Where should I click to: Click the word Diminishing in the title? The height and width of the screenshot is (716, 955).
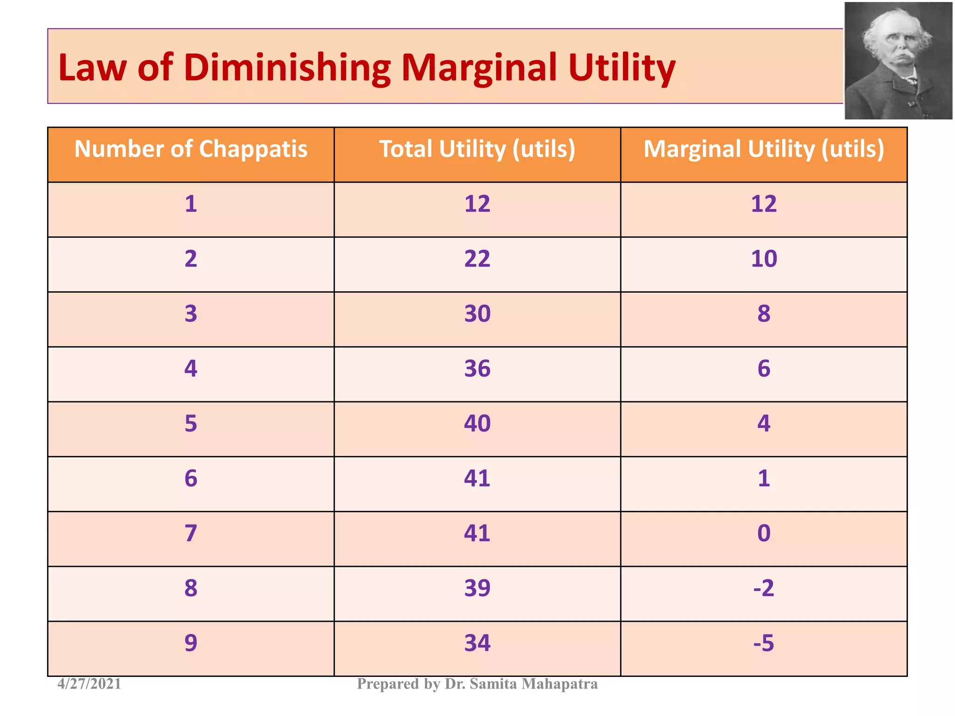click(287, 68)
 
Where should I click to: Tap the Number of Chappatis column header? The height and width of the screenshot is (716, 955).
click(191, 149)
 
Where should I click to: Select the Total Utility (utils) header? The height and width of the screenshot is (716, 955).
click(477, 149)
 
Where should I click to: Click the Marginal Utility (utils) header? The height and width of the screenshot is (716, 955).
click(763, 149)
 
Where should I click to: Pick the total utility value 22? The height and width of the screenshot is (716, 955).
click(477, 259)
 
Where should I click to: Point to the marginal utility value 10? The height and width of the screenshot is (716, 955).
click(763, 259)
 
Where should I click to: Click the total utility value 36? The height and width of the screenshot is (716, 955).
click(477, 369)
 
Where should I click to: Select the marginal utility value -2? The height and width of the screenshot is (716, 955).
click(763, 588)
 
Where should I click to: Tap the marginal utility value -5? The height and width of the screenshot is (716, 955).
click(763, 643)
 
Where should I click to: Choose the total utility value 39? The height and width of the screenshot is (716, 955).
click(477, 588)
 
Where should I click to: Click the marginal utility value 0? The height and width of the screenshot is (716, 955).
click(763, 533)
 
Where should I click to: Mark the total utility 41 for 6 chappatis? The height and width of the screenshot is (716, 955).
click(477, 478)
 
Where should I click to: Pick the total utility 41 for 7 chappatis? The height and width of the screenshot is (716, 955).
click(477, 533)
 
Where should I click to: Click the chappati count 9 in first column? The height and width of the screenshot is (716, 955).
click(191, 643)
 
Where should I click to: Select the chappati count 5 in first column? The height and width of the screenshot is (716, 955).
click(191, 424)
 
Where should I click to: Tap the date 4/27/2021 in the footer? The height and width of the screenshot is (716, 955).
click(89, 684)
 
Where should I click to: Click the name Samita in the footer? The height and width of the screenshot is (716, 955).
click(494, 684)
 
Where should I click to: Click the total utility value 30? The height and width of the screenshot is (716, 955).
click(477, 314)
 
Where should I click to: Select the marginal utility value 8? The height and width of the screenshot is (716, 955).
click(763, 314)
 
